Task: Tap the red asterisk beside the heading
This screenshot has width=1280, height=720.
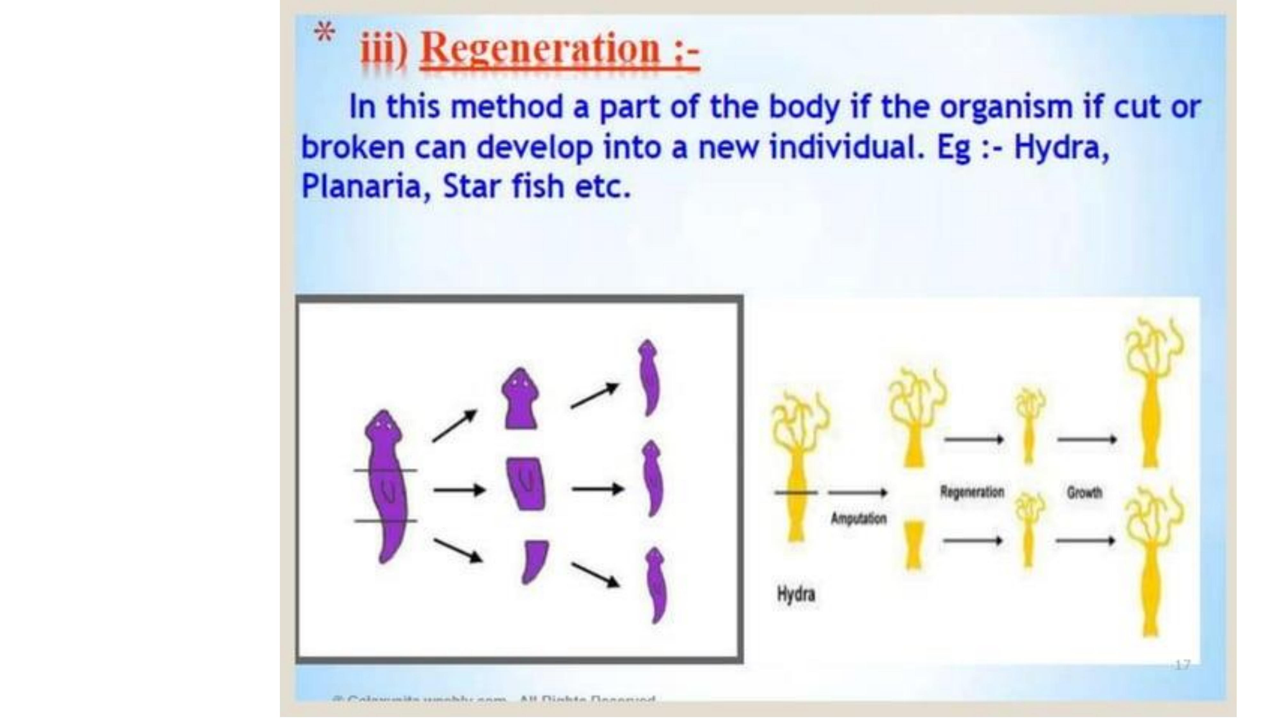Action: pos(324,34)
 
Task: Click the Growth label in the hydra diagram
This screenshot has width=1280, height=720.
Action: pos(1084,493)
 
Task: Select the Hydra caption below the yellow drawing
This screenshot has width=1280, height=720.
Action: pos(796,594)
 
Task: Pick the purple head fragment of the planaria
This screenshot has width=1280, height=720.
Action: pos(520,400)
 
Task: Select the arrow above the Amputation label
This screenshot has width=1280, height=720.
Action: pos(858,493)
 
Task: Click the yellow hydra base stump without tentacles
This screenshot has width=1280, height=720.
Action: pos(913,545)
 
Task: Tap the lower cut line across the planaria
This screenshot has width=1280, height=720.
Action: pos(385,521)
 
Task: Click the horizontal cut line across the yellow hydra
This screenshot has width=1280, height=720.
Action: pos(796,493)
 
